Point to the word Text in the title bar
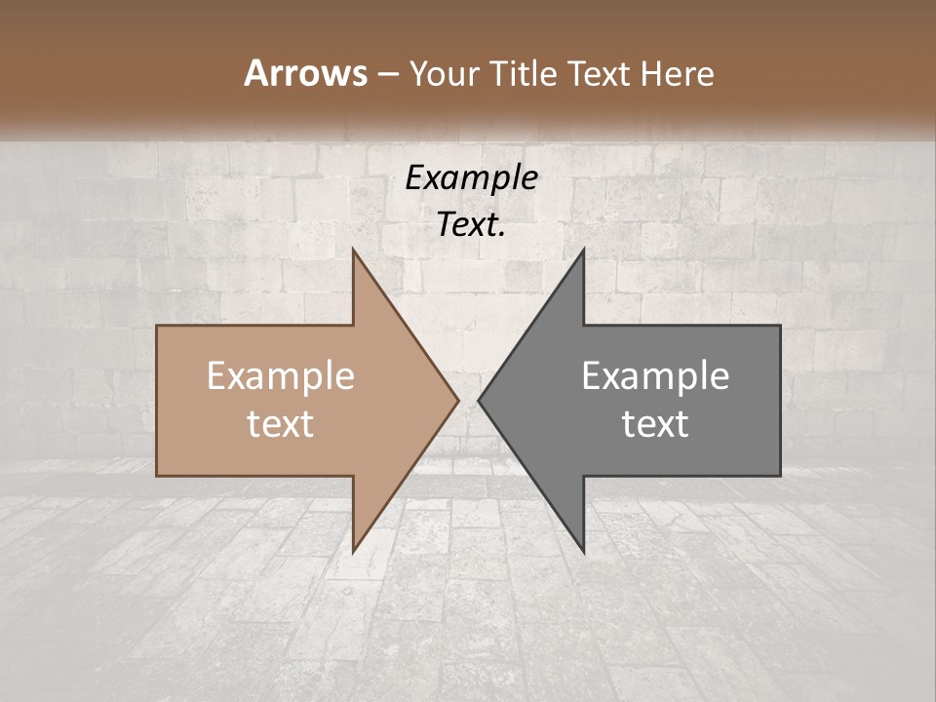pyautogui.click(x=598, y=73)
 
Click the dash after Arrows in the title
pyautogui.click(x=387, y=75)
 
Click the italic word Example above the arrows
pyautogui.click(x=471, y=178)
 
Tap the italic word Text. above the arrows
pyautogui.click(x=471, y=225)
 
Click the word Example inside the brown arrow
pyautogui.click(x=281, y=375)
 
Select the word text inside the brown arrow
pyautogui.click(x=281, y=423)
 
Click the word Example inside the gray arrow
pyautogui.click(x=655, y=375)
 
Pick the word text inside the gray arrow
pyautogui.click(x=655, y=423)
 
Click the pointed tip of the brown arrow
pyautogui.click(x=457, y=400)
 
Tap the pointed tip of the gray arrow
pyautogui.click(x=480, y=400)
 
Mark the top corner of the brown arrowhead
pyautogui.click(x=354, y=251)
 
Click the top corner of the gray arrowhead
pyautogui.click(x=583, y=251)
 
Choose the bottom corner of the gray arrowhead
pyautogui.click(x=583, y=551)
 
